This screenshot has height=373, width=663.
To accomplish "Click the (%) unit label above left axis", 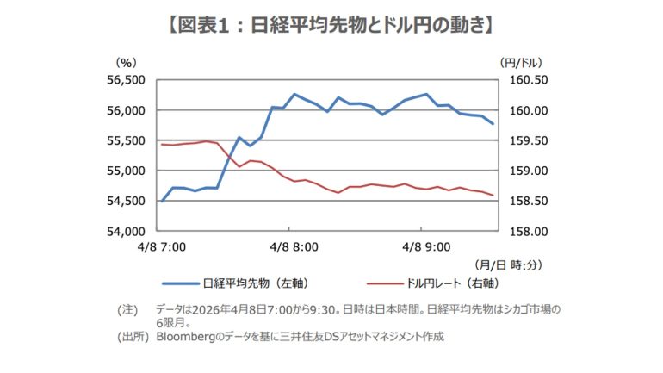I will (x=126, y=62).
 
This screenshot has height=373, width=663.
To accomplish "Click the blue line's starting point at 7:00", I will (x=161, y=202).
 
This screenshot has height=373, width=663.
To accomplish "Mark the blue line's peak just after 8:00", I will (x=294, y=94).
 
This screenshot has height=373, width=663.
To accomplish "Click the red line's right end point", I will (x=493, y=196).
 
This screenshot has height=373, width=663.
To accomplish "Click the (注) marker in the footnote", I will (x=127, y=308).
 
